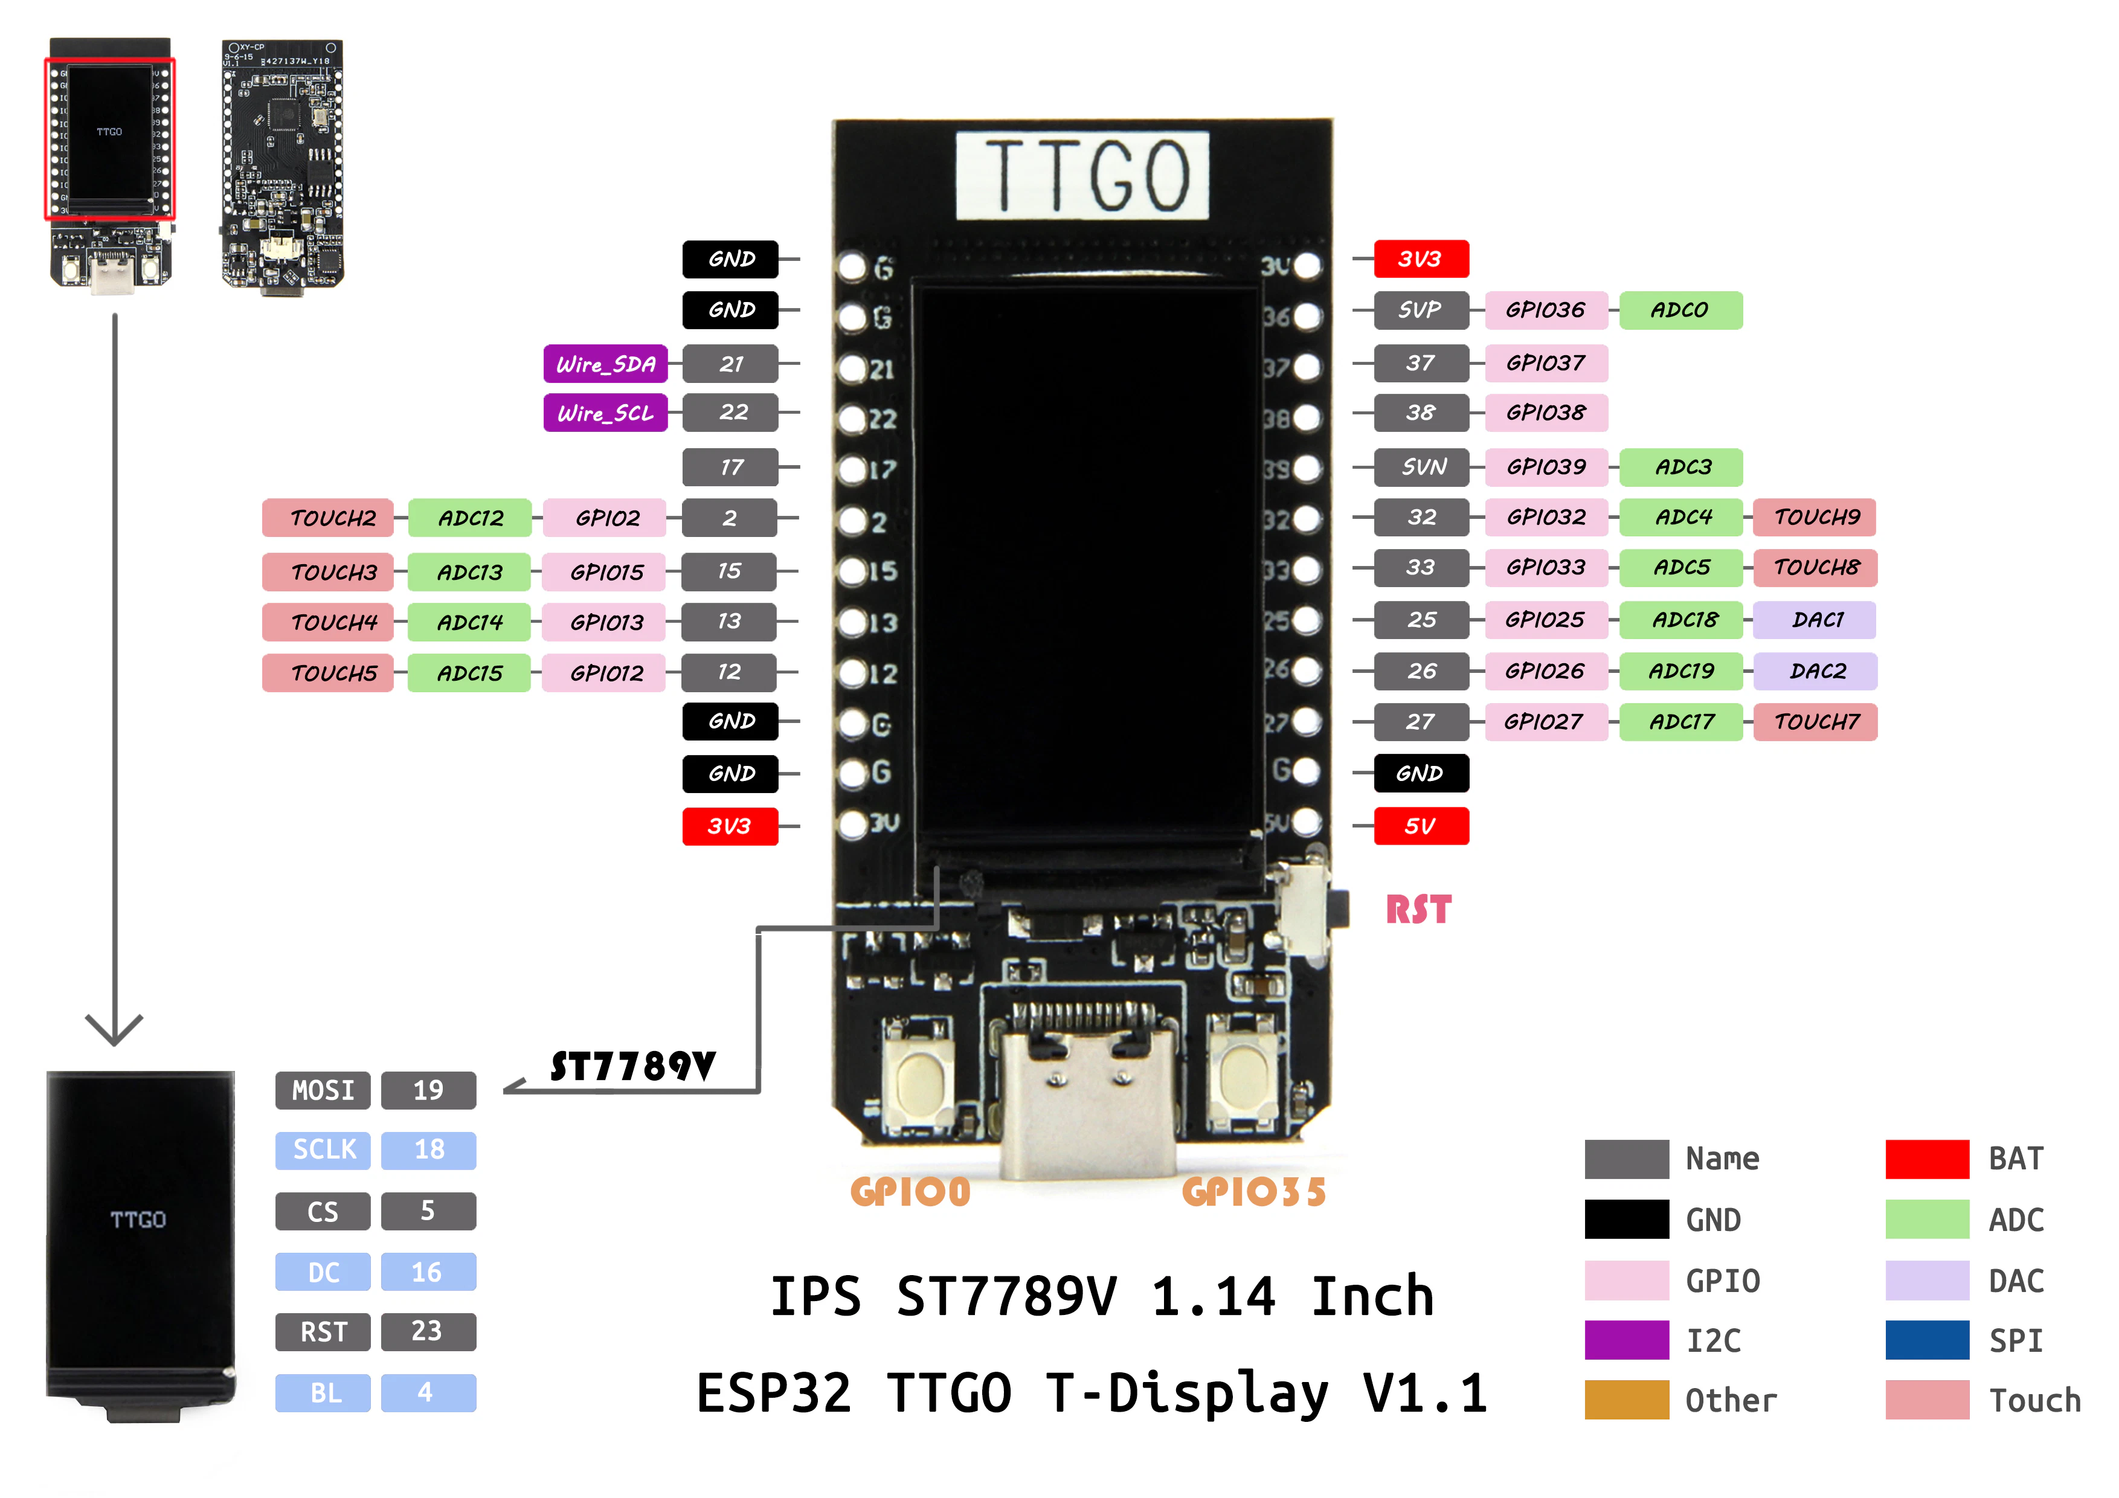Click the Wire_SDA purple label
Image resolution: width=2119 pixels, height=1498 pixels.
click(605, 364)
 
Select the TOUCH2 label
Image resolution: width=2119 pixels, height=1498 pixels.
click(329, 518)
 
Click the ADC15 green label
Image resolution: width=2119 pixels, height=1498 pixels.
click(470, 673)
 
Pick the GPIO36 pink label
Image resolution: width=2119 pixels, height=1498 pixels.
click(1546, 310)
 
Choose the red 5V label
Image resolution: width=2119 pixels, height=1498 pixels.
click(1420, 826)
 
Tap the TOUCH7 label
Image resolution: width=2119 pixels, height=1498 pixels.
click(1815, 722)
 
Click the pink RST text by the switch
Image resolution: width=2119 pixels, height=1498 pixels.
click(1418, 910)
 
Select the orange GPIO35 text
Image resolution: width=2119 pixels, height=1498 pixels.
click(1253, 1192)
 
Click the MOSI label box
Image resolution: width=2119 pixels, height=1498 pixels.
click(323, 1090)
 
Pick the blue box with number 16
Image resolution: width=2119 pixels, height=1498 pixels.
click(428, 1272)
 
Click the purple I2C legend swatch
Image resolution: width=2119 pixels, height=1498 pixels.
click(1626, 1340)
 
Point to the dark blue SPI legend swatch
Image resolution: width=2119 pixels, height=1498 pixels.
click(1927, 1340)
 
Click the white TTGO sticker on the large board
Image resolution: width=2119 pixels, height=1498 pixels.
click(1082, 175)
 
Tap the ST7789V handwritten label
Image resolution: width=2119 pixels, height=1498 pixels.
click(633, 1067)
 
